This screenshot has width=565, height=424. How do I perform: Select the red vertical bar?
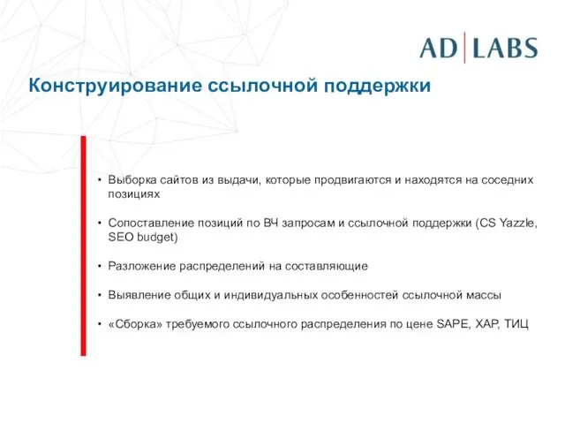pos(83,245)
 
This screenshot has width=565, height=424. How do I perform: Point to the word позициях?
pos(133,193)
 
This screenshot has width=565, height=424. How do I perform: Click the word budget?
pos(156,237)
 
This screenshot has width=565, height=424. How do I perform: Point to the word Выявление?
pos(137,295)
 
